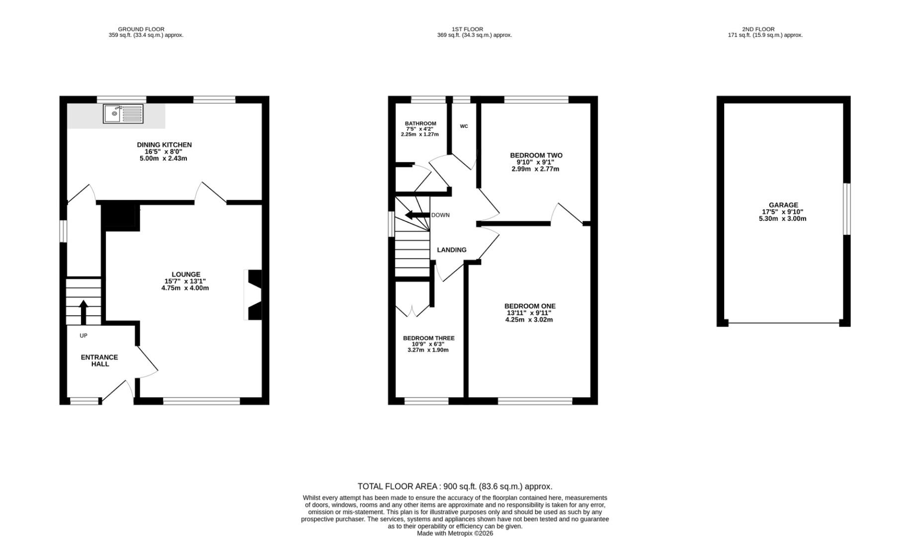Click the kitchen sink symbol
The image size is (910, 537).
point(123,114)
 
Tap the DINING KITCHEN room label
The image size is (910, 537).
point(164,145)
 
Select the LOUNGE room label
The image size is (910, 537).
point(186,274)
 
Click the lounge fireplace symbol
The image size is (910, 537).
point(253,295)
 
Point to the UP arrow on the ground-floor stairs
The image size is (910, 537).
point(83,312)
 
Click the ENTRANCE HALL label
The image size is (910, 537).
point(100,360)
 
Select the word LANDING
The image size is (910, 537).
point(451,250)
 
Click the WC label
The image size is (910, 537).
point(464,126)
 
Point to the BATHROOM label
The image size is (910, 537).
point(420,123)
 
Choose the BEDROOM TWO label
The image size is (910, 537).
point(536,156)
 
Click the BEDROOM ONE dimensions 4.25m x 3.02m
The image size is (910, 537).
point(529,320)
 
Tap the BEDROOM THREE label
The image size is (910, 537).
point(428,338)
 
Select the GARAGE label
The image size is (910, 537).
point(783,205)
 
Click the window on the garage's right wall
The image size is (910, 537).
point(846,209)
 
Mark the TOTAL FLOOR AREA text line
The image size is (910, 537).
point(455,487)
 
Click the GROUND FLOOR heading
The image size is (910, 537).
point(141,29)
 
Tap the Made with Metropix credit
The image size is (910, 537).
point(455,534)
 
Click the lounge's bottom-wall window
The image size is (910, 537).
point(201,401)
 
